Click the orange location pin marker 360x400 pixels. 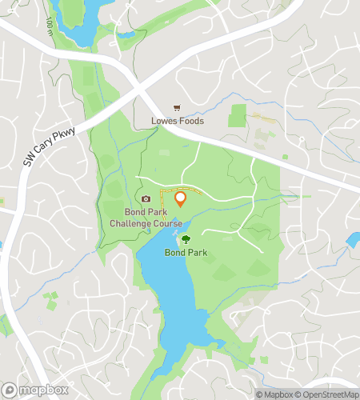click(x=180, y=198)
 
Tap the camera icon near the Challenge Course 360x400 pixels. click(x=146, y=199)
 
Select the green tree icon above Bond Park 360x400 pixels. click(x=186, y=239)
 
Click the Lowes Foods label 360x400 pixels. click(x=178, y=122)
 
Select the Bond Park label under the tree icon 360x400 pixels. click(x=186, y=253)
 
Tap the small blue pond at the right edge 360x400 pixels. click(x=353, y=239)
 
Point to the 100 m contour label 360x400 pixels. click(x=50, y=27)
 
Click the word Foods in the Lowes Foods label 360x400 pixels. click(x=191, y=122)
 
